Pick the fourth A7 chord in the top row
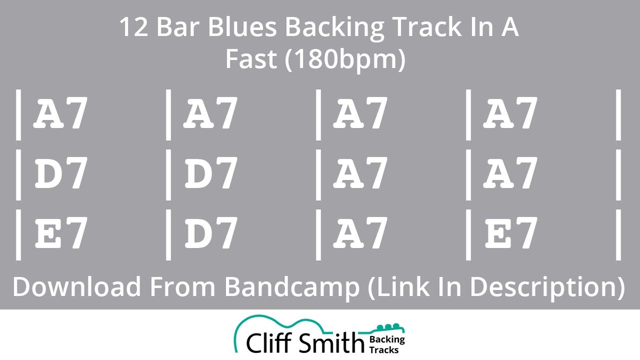point(510,114)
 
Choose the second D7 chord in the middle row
point(210,174)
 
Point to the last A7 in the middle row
point(510,174)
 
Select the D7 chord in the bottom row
point(210,233)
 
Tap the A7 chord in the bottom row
point(360,233)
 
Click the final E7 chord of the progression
point(510,233)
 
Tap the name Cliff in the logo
point(269,342)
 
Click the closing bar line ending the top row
point(618,114)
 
